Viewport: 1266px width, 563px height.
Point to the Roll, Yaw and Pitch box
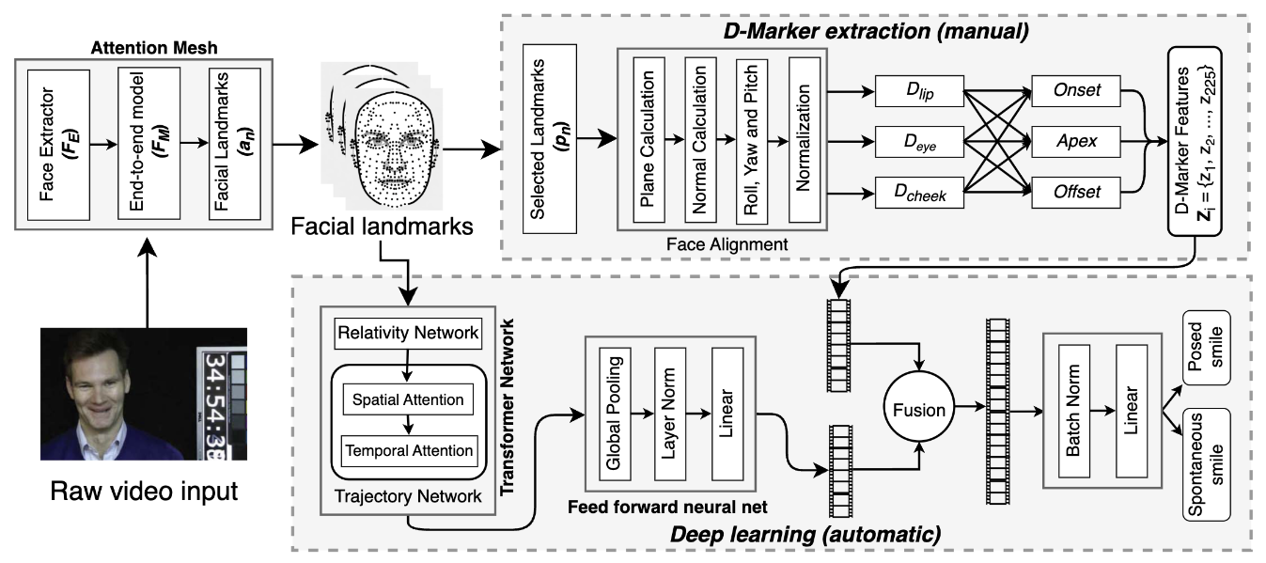coord(753,140)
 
